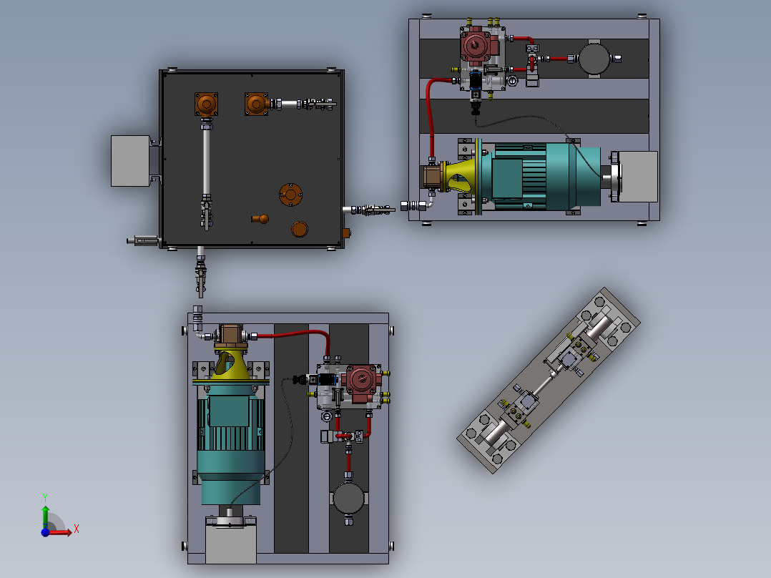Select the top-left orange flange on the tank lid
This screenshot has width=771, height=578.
point(206,104)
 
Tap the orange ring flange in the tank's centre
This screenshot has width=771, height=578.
point(290,194)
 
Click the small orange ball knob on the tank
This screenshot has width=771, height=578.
point(262,219)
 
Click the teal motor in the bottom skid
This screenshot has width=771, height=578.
point(230,444)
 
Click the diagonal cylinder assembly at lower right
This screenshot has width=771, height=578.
point(549,380)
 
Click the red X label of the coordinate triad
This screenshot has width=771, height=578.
point(76,529)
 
